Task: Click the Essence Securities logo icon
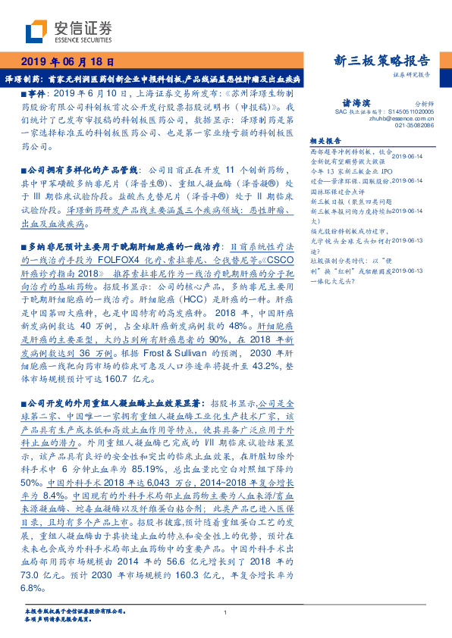click(36, 32)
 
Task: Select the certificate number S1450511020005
click(406, 111)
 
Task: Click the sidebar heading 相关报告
click(327, 140)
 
